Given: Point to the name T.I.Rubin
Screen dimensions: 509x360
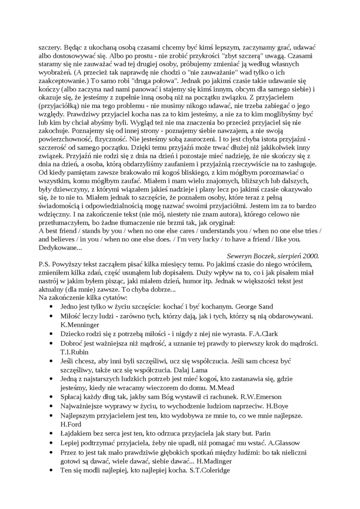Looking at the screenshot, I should [x=72, y=352].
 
